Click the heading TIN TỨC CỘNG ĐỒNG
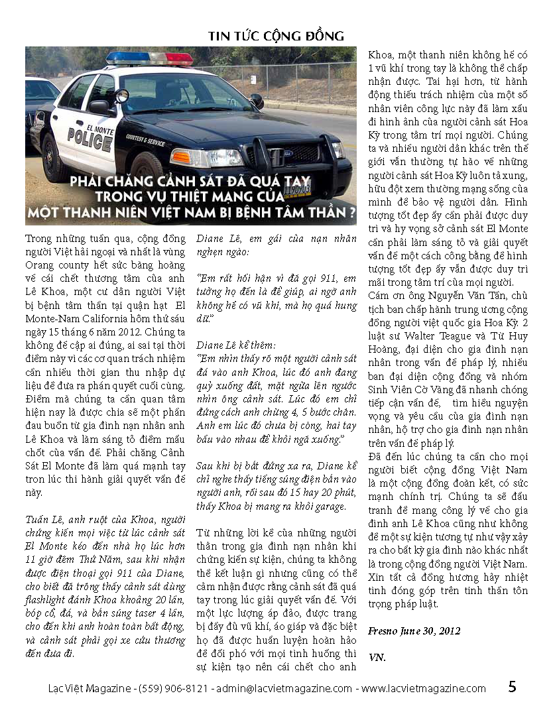coord(276,35)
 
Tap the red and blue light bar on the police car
coord(150,58)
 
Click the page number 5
coord(512,687)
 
